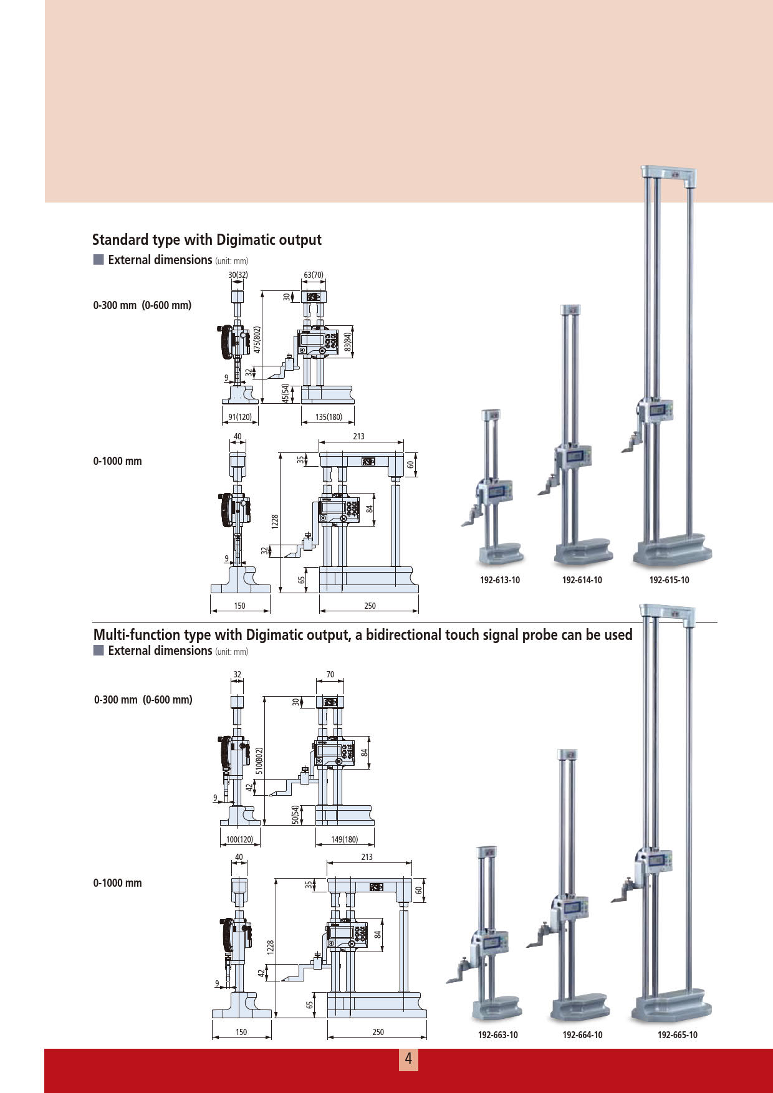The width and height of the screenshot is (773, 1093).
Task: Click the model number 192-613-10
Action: click(x=499, y=580)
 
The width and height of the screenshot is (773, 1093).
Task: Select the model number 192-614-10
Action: click(x=582, y=580)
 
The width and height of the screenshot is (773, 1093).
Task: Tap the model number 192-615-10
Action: click(x=670, y=580)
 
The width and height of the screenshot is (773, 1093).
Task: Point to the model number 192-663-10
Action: click(x=498, y=1035)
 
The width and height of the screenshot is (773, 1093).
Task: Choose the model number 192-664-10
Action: click(x=583, y=1035)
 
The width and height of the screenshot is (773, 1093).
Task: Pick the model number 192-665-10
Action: click(x=678, y=1035)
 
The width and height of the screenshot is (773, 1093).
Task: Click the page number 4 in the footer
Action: click(x=408, y=1059)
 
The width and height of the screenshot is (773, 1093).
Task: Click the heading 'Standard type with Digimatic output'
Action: click(x=207, y=240)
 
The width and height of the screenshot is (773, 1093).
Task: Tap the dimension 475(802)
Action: click(x=257, y=340)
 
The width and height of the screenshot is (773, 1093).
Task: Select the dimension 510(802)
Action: click(x=259, y=761)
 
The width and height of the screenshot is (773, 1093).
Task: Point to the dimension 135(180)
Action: click(x=329, y=417)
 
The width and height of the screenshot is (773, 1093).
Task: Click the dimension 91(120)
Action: click(x=240, y=417)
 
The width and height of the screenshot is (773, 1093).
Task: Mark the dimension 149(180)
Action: click(x=345, y=839)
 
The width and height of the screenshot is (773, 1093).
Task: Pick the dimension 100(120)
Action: click(x=240, y=839)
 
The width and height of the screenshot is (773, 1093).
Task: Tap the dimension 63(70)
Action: click(x=314, y=275)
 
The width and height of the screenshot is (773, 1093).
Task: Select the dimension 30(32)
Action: click(x=238, y=275)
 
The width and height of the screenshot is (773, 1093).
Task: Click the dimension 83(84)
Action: click(x=348, y=341)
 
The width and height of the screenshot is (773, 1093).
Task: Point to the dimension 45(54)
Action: click(x=285, y=393)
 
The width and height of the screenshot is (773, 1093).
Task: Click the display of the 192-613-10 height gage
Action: click(x=497, y=491)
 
